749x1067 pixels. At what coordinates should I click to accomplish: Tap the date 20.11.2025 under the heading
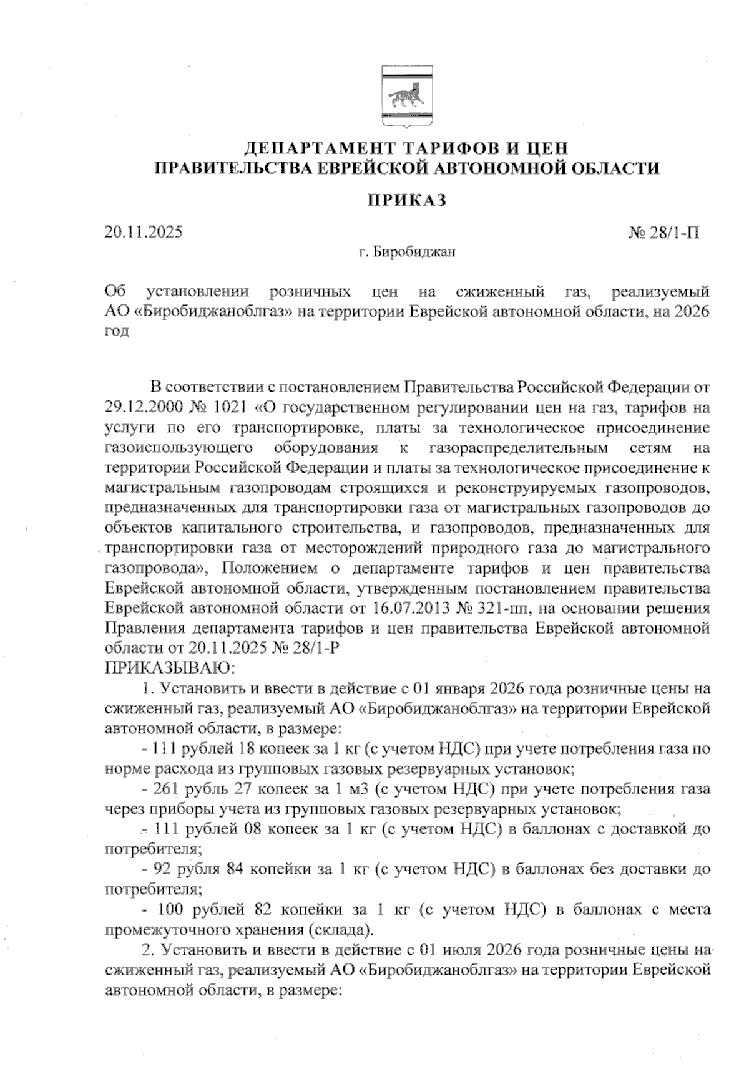(144, 233)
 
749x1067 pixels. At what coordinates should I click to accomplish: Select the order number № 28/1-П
(663, 233)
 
